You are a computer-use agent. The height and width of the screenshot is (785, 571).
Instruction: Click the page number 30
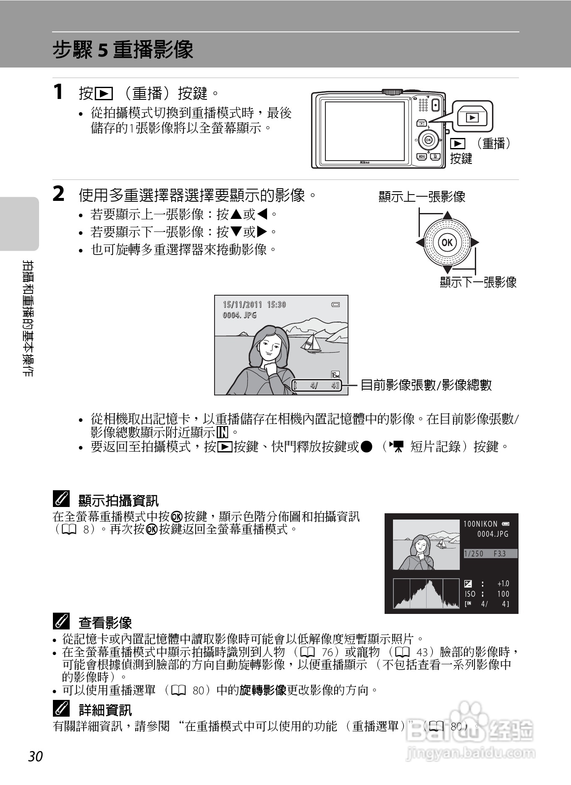point(36,756)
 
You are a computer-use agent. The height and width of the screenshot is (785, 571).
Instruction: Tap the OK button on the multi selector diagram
point(448,242)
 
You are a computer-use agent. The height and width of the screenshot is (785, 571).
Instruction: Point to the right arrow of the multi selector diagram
point(474,242)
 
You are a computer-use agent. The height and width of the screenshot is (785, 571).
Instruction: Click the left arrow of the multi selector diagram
point(420,242)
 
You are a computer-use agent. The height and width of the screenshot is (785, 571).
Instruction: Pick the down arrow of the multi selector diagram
point(448,269)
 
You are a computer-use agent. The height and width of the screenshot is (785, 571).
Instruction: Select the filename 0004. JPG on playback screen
point(239,315)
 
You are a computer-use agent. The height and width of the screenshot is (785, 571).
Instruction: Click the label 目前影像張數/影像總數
point(426,385)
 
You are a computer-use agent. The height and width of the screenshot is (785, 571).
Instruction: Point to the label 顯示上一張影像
point(422,197)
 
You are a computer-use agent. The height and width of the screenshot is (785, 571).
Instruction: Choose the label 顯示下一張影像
point(478,282)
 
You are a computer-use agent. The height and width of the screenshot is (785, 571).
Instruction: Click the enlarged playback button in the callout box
point(472,117)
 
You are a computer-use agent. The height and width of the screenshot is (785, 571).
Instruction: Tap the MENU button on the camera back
point(422,156)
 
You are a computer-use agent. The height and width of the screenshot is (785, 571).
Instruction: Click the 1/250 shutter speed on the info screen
point(474,554)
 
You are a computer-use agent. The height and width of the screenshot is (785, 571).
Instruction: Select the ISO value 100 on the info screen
point(503,594)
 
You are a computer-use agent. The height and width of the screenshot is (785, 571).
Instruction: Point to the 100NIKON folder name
point(480,524)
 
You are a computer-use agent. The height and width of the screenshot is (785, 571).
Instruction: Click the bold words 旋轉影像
point(263,690)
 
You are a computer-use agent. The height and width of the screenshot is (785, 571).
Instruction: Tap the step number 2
point(59,194)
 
